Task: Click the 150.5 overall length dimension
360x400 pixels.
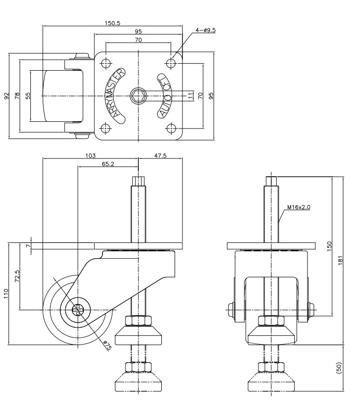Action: pyautogui.click(x=112, y=23)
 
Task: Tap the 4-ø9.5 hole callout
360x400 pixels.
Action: pyautogui.click(x=206, y=30)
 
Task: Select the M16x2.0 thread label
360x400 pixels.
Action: pyautogui.click(x=299, y=207)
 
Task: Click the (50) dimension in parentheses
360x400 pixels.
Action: pyautogui.click(x=339, y=368)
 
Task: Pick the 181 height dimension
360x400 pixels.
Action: pyautogui.click(x=340, y=260)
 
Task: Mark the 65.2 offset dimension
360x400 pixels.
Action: pyautogui.click(x=108, y=164)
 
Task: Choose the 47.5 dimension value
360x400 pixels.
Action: pyautogui.click(x=160, y=156)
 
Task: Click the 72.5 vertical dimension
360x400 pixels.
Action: pyautogui.click(x=17, y=276)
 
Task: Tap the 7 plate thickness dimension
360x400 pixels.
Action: pyautogui.click(x=28, y=246)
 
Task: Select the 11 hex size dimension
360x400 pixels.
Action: pyautogui.click(x=190, y=96)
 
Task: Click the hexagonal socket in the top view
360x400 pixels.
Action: pyautogui.click(x=138, y=96)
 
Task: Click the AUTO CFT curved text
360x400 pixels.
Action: pyautogui.click(x=164, y=96)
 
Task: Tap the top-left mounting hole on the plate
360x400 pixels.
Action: pyautogui.click(x=105, y=63)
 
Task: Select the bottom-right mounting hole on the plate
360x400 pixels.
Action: pyautogui.click(x=171, y=128)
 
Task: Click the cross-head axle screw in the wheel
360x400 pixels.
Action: pyautogui.click(x=78, y=310)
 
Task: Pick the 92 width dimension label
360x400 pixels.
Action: pyautogui.click(x=6, y=96)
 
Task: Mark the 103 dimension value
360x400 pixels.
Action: pyautogui.click(x=90, y=156)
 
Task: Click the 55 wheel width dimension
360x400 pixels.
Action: pyautogui.click(x=28, y=96)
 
